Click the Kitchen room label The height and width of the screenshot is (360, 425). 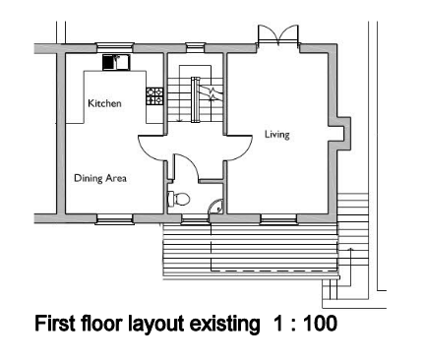click(104, 103)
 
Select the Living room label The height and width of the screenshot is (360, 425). click(277, 134)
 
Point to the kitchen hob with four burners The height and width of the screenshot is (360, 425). click(154, 96)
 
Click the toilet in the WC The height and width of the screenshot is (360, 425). click(179, 198)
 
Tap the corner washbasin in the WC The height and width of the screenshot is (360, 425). click(218, 206)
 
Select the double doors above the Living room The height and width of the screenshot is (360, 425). click(273, 35)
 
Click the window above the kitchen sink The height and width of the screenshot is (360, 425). click(113, 44)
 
